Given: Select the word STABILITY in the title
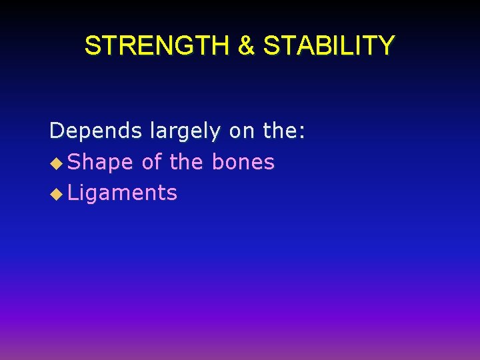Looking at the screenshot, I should point(329,46).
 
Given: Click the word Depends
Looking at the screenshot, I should point(96,131).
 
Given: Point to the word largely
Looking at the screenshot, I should point(184,131).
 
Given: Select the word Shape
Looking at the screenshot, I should point(101,162).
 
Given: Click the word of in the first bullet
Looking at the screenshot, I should point(152,162).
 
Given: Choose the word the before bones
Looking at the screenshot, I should point(187,162).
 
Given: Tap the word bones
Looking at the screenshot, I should point(243,162).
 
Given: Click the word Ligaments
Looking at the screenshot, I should point(123,193).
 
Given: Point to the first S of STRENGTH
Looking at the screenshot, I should point(93,46).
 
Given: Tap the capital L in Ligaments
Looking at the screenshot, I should point(73,193).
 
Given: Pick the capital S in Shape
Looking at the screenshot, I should point(75,162).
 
